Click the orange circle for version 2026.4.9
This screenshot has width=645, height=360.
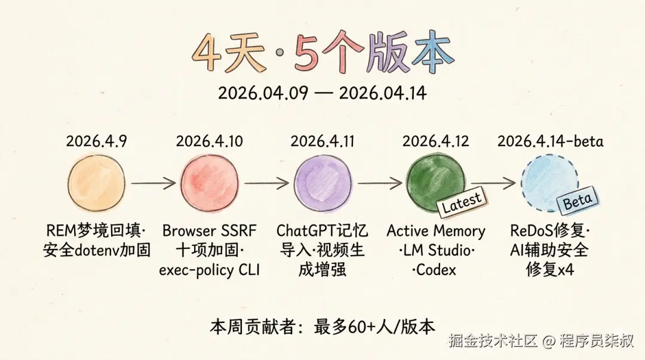pyautogui.click(x=96, y=183)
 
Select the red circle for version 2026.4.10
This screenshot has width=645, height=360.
pyautogui.click(x=210, y=183)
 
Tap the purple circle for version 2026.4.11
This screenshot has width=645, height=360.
pyautogui.click(x=323, y=183)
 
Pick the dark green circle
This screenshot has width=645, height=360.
pyautogui.click(x=435, y=183)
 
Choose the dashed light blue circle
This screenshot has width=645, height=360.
pyautogui.click(x=549, y=183)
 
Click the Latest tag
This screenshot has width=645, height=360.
pyautogui.click(x=462, y=202)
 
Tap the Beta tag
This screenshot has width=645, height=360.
pyautogui.click(x=578, y=201)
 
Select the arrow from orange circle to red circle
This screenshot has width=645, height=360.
pyautogui.click(x=153, y=183)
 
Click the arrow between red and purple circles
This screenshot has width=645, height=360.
pyautogui.click(x=266, y=183)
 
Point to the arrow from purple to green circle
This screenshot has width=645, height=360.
pyautogui.click(x=380, y=183)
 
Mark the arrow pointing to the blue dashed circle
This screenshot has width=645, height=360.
pyautogui.click(x=493, y=183)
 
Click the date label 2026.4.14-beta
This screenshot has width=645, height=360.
pyautogui.click(x=551, y=141)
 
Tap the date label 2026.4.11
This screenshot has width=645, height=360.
pyautogui.click(x=322, y=141)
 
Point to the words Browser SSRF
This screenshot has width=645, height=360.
pyautogui.click(x=210, y=230)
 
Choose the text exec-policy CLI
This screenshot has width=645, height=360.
pyautogui.click(x=210, y=270)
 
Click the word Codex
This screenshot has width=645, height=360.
pyautogui.click(x=437, y=270)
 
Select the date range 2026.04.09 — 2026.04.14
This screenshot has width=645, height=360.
pyautogui.click(x=322, y=93)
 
